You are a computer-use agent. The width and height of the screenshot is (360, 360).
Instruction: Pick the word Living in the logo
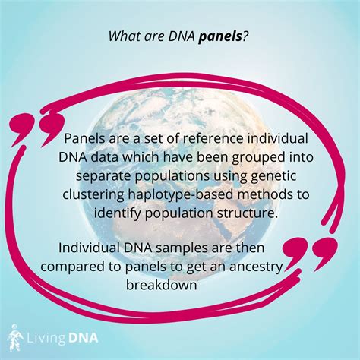pos(45,336)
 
